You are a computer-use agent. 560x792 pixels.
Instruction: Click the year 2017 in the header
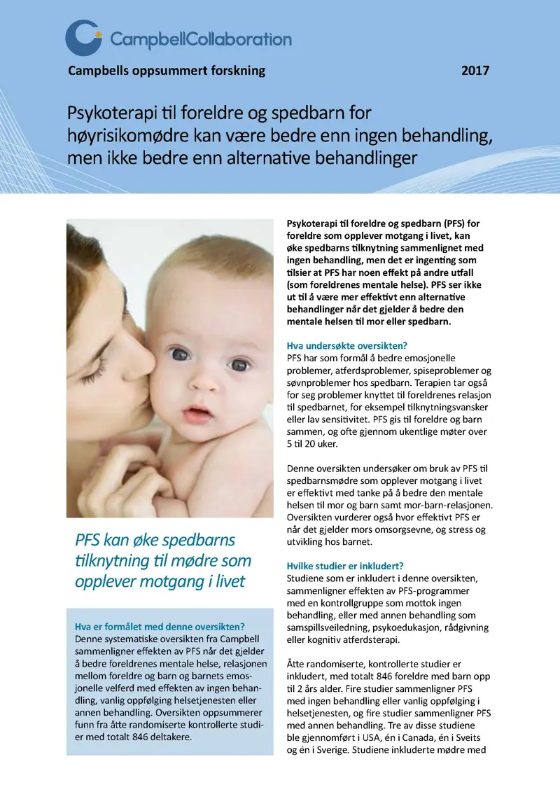[x=475, y=71]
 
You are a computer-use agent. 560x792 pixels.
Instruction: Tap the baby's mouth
[x=198, y=412]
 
